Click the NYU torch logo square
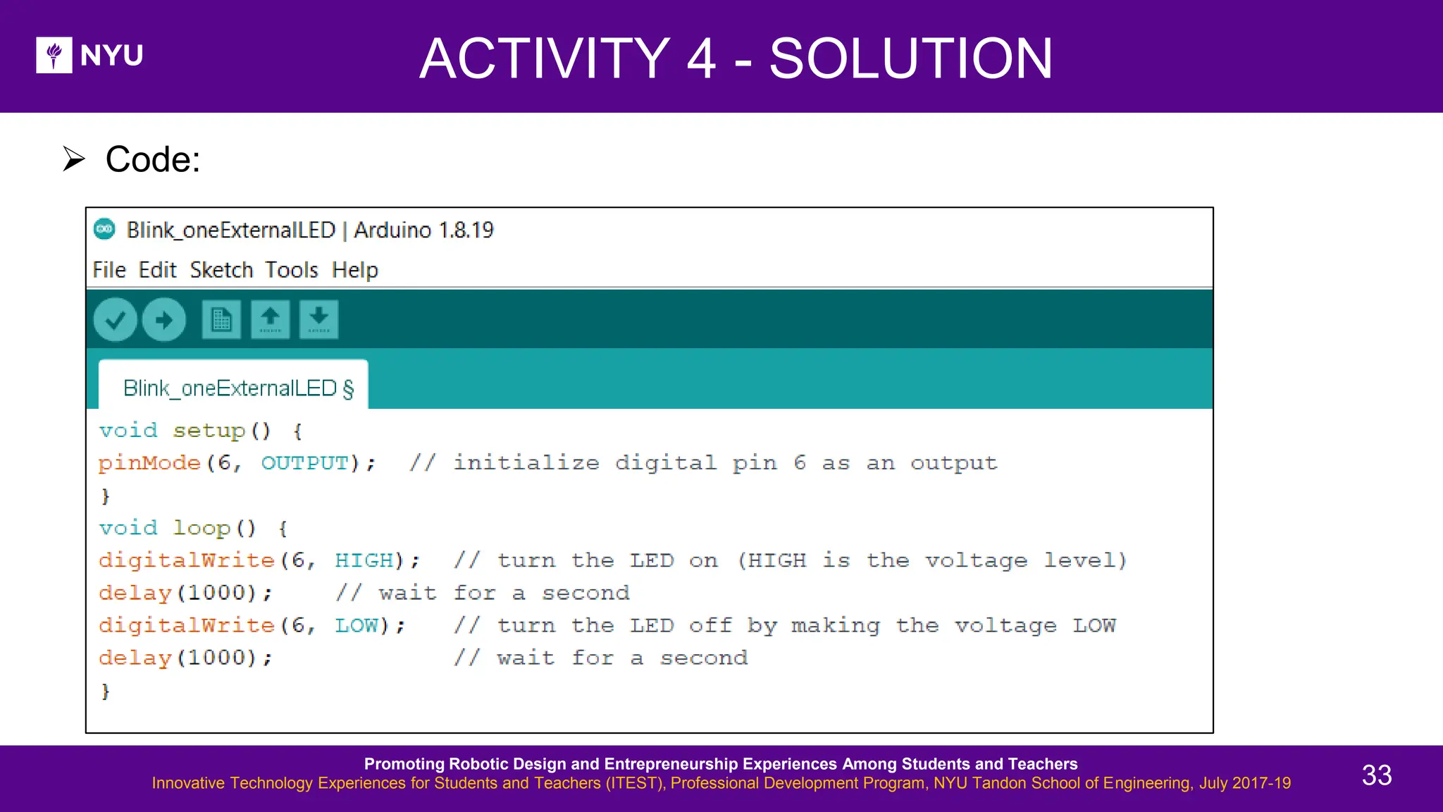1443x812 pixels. (x=54, y=55)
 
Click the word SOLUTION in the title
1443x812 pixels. (x=910, y=59)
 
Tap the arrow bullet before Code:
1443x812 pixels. (x=73, y=159)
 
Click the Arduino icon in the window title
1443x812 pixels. (x=104, y=229)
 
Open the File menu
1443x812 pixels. (x=109, y=270)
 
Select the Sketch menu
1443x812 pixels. (x=221, y=270)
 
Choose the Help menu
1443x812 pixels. (x=354, y=270)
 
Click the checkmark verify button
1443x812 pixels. (x=115, y=320)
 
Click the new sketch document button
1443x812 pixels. (x=221, y=320)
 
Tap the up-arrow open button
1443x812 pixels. (x=270, y=320)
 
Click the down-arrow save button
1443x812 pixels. (x=318, y=320)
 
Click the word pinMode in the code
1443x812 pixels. (x=149, y=463)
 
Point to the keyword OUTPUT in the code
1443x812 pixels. (x=305, y=463)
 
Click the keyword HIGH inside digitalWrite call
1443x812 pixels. (x=364, y=560)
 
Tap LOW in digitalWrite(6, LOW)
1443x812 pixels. (x=357, y=625)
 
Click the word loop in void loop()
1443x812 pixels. (x=202, y=528)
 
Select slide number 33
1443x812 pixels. (x=1376, y=775)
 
